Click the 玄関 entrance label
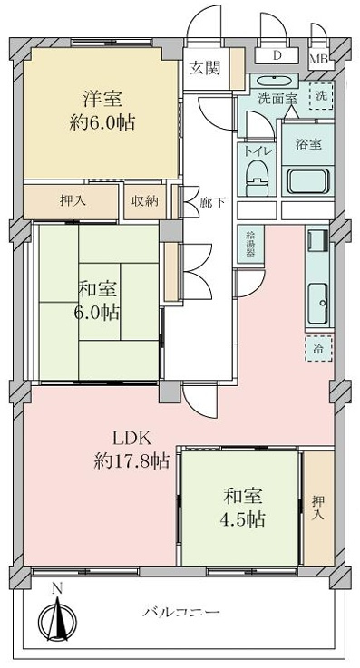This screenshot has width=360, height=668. (x=205, y=68)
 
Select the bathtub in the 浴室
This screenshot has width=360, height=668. (x=307, y=181)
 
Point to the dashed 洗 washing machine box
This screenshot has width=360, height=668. (x=321, y=96)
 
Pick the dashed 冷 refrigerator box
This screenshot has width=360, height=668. (x=318, y=348)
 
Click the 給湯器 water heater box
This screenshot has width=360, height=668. (x=250, y=243)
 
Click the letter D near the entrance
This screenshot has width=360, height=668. (x=277, y=55)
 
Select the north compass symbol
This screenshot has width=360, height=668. (x=57, y=615)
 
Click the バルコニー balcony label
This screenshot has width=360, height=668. (x=181, y=613)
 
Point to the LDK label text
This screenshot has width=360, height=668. (x=131, y=438)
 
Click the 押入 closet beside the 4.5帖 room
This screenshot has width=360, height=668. (x=318, y=508)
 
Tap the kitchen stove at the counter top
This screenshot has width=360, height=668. (x=318, y=237)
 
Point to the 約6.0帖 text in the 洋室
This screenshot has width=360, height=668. (x=102, y=123)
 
